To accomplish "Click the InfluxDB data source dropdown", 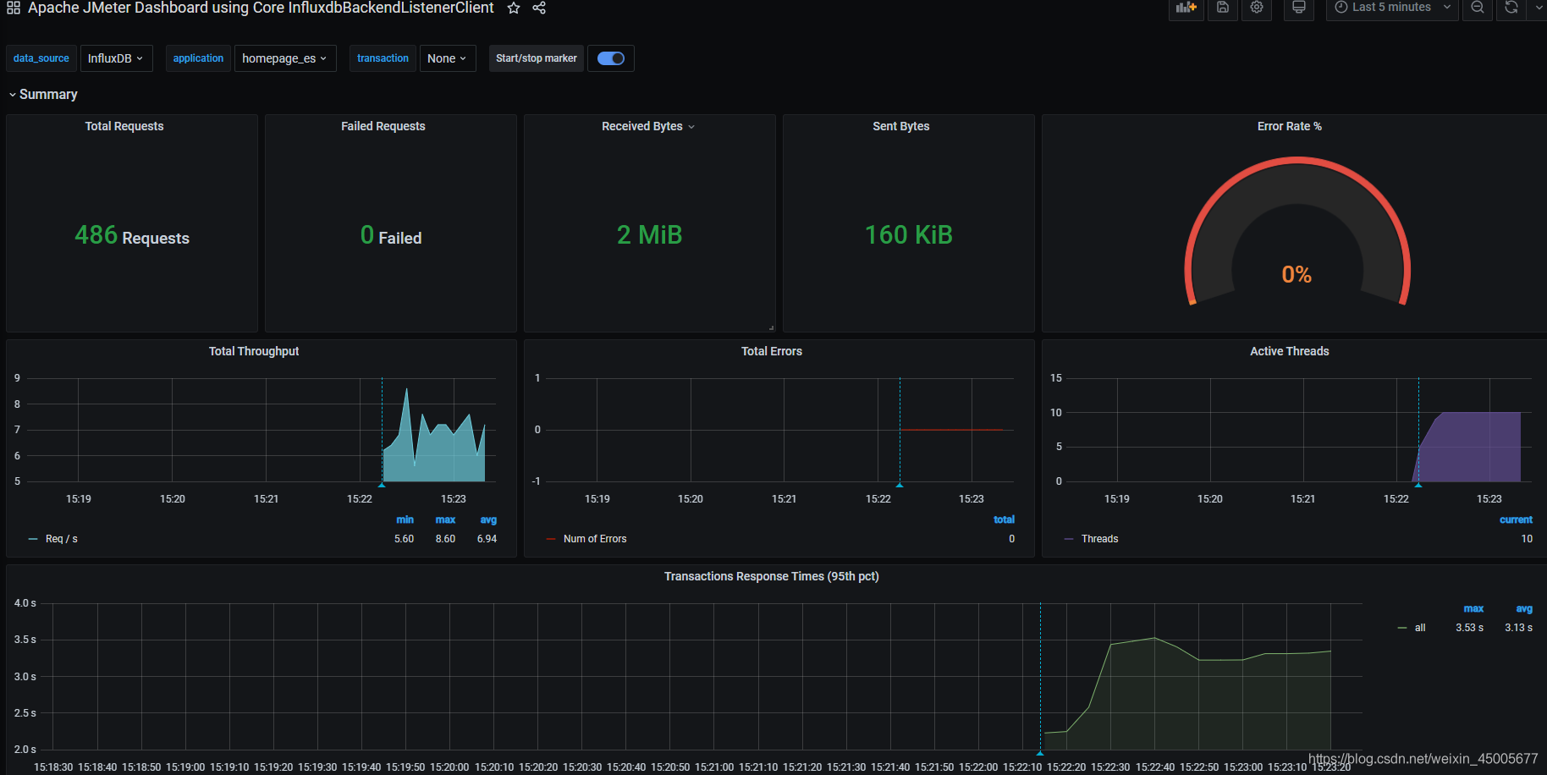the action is (117, 58).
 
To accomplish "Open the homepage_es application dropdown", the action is (285, 58).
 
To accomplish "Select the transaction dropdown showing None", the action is (448, 58).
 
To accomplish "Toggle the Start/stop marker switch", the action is (611, 58).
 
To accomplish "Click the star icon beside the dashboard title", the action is (514, 8).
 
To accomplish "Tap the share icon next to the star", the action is (539, 8).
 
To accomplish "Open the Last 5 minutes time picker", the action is (1392, 8).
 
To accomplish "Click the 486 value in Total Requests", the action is (96, 234).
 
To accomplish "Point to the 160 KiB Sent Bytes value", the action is (909, 234).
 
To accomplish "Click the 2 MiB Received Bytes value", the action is (650, 234).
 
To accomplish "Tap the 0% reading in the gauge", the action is (1297, 274).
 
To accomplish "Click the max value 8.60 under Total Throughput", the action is (445, 539).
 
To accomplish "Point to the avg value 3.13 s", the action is (1518, 628).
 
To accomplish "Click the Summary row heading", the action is (48, 95).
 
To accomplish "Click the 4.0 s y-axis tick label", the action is (25, 603).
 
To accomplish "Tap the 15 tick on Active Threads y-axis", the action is (1056, 378).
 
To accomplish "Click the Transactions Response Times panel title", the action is (772, 576).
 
